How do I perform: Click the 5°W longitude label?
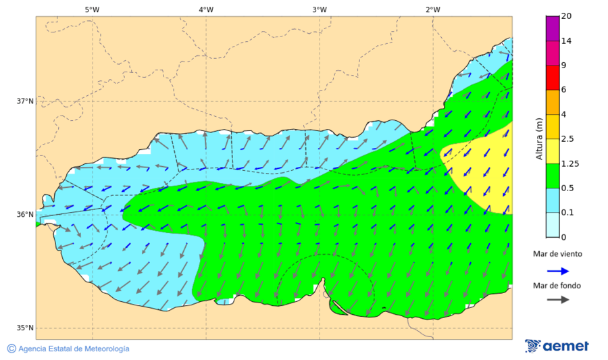pos(92,9)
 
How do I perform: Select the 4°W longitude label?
pos(206,9)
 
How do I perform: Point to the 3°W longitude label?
pos(320,9)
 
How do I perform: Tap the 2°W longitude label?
pos(433,9)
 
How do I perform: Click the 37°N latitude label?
pos(25,101)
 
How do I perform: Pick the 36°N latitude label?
pos(25,215)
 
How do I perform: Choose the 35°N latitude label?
pos(25,328)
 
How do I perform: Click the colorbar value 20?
pos(567,17)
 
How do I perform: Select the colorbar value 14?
pos(567,41)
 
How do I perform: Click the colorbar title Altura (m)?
pos(539,138)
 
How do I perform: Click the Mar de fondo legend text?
pos(556,286)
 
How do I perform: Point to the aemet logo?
pos(557,346)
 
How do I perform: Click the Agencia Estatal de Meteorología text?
pos(74,349)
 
